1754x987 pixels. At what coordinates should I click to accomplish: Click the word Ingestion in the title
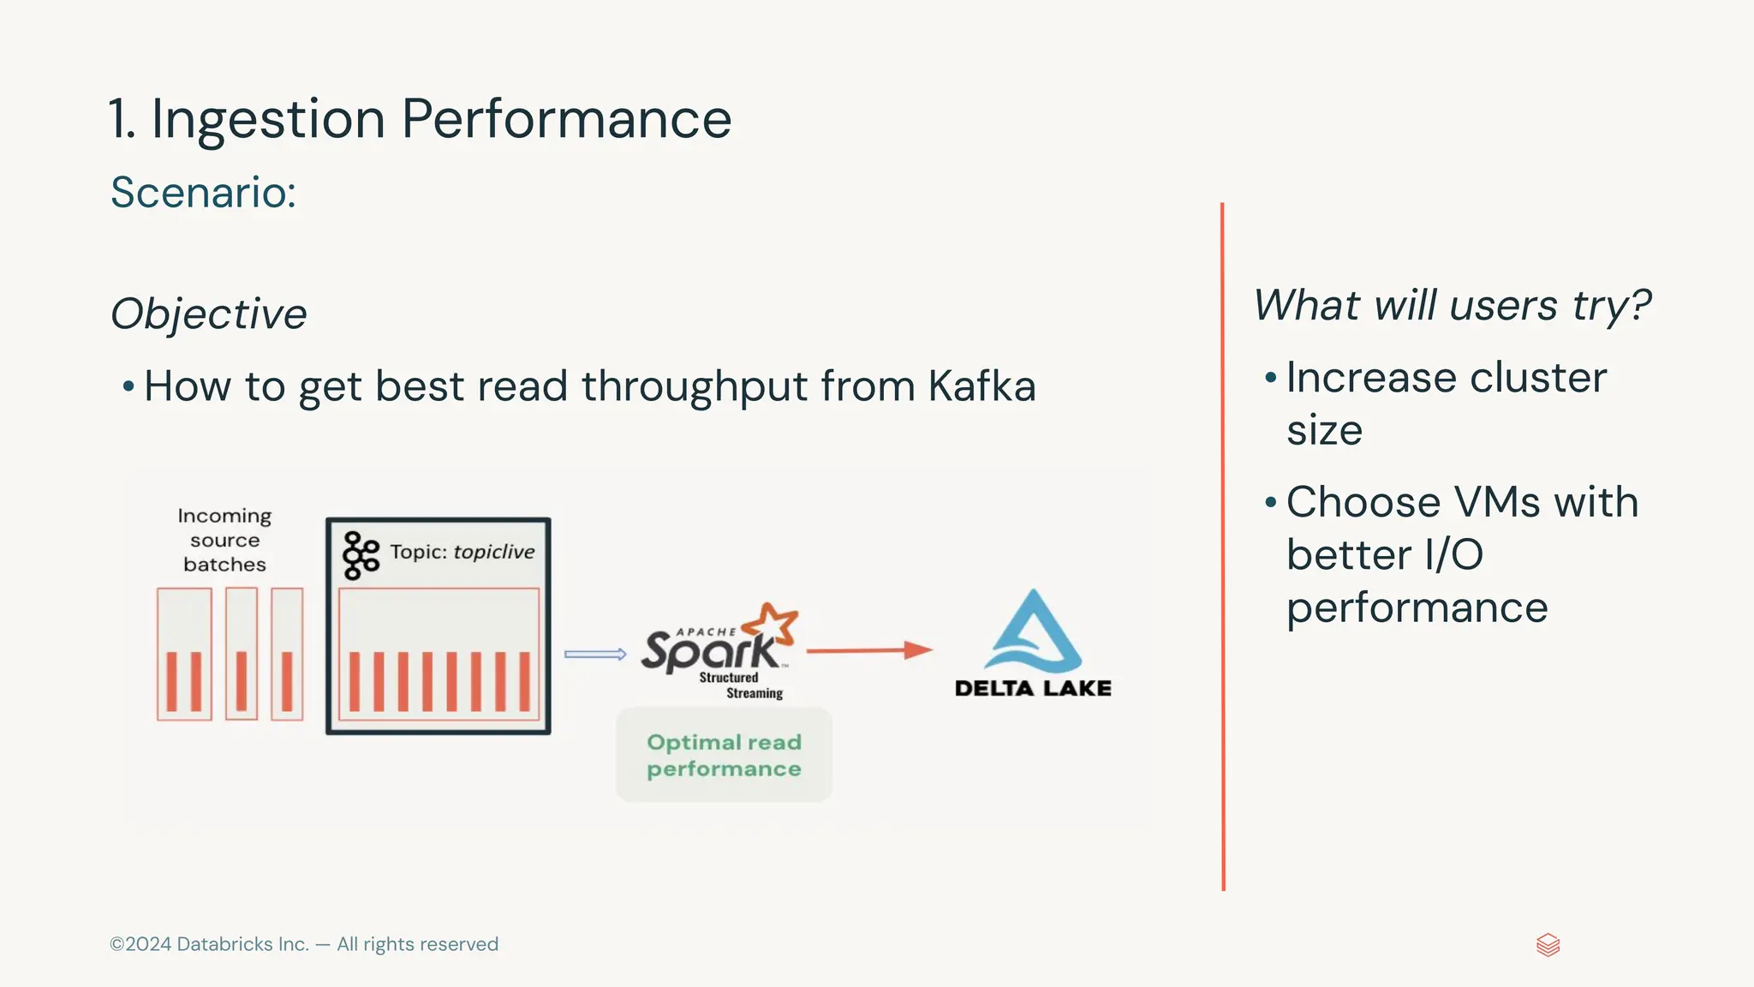268,119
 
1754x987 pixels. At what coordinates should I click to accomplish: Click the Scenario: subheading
203,192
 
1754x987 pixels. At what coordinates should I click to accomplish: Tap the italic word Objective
208,314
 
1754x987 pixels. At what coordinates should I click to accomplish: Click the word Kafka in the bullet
981,386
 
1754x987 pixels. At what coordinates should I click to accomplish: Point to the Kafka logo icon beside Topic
361,555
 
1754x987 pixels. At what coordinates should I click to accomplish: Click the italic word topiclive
494,552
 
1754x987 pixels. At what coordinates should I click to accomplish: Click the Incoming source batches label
224,540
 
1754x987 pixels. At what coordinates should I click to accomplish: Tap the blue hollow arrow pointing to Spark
595,655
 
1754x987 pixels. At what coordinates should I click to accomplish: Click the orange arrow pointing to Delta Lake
868,650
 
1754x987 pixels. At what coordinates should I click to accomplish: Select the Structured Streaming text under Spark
740,685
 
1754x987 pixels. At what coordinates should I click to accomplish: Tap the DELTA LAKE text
1033,688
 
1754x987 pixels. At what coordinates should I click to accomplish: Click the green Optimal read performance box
724,755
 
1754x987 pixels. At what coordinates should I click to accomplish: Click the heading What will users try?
1452,305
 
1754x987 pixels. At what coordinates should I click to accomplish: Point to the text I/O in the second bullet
1453,554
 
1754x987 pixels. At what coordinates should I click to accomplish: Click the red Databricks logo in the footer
1548,945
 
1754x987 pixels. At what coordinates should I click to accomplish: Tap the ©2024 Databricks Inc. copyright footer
303,944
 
